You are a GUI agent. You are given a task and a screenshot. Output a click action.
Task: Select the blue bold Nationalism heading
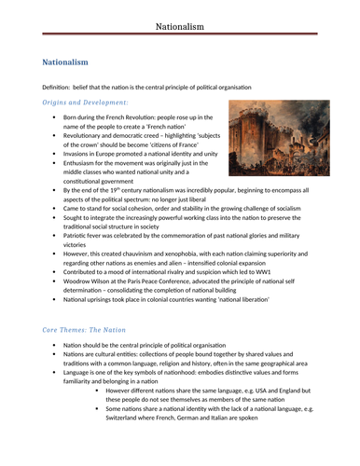tap(65, 62)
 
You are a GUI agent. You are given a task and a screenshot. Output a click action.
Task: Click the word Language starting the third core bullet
tap(80, 403)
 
